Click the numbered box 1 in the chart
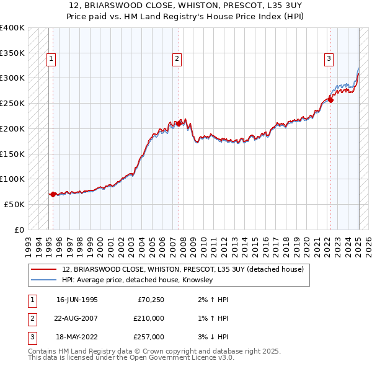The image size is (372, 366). point(50,59)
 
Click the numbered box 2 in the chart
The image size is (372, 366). point(177,59)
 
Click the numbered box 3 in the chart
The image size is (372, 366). point(328,59)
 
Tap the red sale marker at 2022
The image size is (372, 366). point(330,100)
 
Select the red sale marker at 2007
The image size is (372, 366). point(179,123)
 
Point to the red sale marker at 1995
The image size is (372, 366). point(53,194)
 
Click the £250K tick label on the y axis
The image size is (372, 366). point(12,103)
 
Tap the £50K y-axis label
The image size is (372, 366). point(14,204)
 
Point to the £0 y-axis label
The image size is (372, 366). point(19,230)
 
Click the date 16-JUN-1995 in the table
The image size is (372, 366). point(77,300)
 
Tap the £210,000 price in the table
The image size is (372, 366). point(149,318)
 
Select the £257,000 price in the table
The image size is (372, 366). point(149,337)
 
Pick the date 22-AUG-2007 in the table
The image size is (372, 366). point(77,318)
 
